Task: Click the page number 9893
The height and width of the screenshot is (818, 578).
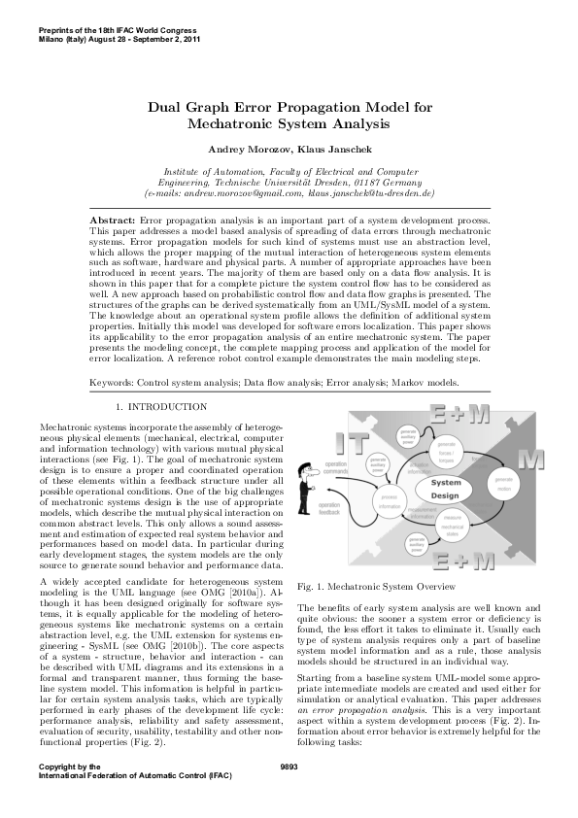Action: (x=289, y=794)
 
